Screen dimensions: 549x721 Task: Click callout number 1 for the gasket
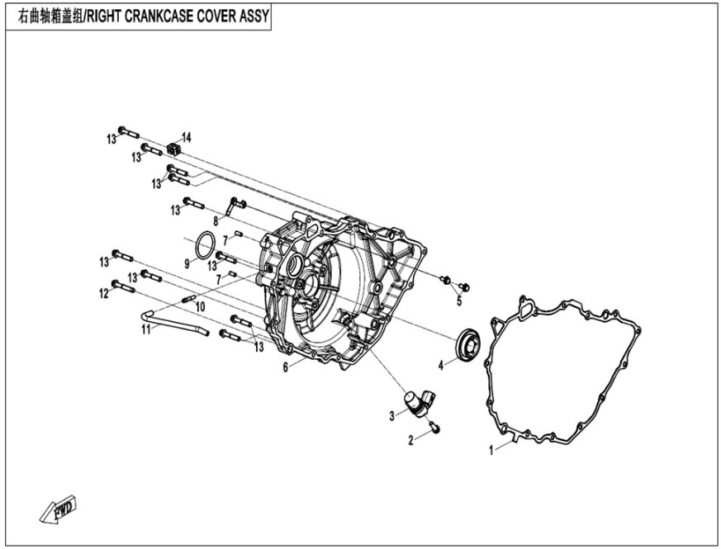pos(492,451)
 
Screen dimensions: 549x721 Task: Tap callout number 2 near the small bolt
pos(410,441)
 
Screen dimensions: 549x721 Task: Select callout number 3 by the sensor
pos(392,416)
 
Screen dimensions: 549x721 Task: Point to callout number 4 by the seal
pos(441,364)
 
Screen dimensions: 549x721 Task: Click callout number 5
pos(458,300)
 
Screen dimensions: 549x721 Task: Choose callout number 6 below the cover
pos(286,367)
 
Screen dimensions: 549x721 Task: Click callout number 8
pos(216,220)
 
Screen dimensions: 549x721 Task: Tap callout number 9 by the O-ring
pos(187,264)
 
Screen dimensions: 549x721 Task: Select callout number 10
pos(200,307)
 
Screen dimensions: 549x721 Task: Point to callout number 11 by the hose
pos(146,329)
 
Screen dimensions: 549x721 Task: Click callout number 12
pos(104,293)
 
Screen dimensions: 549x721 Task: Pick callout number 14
pos(187,136)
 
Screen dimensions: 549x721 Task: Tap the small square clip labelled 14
pos(173,148)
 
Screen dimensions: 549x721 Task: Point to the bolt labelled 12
pos(123,286)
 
